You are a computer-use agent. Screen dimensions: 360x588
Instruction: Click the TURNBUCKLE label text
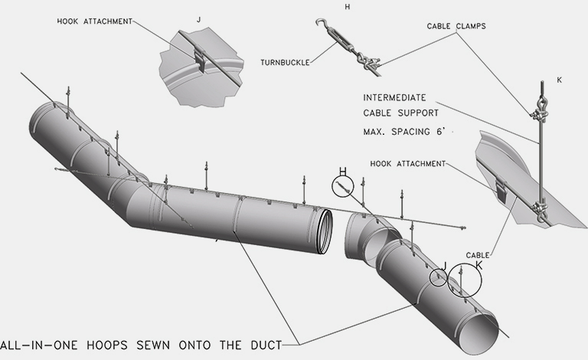click(x=285, y=62)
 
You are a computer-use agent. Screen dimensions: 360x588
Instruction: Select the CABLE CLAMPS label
click(x=456, y=26)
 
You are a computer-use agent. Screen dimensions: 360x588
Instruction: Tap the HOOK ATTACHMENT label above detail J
click(x=94, y=21)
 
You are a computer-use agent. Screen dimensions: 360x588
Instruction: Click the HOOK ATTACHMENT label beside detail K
click(x=407, y=163)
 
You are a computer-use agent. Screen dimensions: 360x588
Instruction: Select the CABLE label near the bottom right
click(x=478, y=255)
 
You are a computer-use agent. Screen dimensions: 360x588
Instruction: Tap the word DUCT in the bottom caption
click(x=263, y=344)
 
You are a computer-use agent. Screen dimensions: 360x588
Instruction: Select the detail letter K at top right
click(x=559, y=80)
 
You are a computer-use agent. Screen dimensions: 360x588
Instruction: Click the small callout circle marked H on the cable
click(x=344, y=186)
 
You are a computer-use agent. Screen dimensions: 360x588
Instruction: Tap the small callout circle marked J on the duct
click(x=439, y=277)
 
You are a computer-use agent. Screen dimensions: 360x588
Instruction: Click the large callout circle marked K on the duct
click(x=465, y=280)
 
